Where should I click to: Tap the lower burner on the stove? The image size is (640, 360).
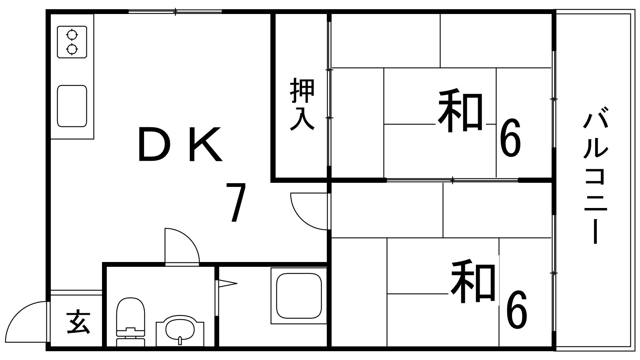pos(72,50)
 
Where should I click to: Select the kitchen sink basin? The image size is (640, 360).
pos(72,106)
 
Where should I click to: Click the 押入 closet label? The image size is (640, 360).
pos(302,104)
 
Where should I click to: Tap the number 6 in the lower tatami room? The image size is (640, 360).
pos(516,309)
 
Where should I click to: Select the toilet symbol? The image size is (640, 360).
pos(130,322)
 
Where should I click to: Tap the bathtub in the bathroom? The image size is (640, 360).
pos(299,296)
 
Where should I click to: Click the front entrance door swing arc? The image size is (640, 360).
pos(26,322)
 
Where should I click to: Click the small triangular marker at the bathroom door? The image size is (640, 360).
pos(228,284)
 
